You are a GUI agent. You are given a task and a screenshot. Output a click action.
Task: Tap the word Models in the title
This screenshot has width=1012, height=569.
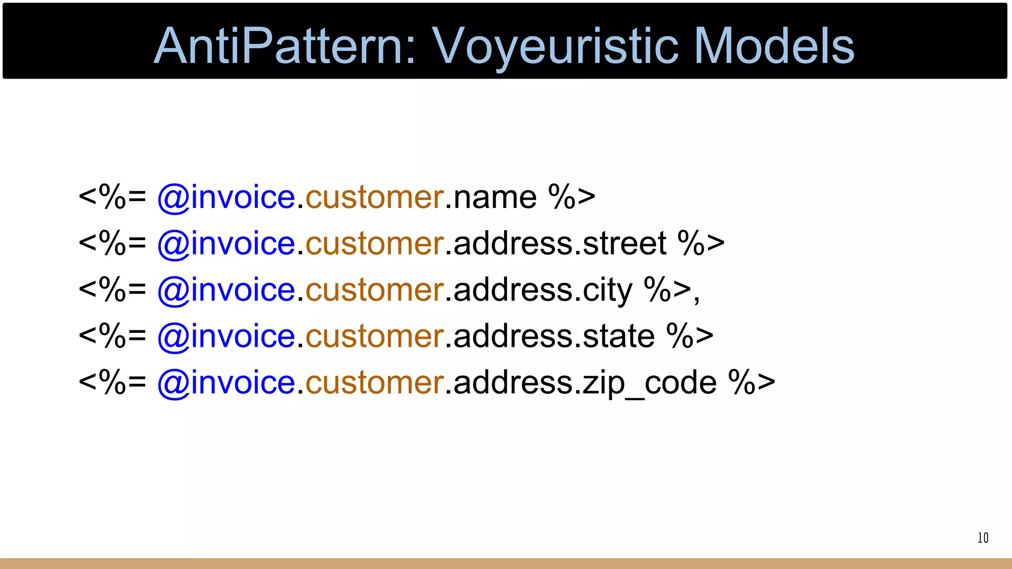(774, 46)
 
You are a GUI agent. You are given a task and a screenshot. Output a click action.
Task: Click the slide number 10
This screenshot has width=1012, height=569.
(983, 538)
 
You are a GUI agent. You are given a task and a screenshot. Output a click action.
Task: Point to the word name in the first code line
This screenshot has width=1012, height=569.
(495, 198)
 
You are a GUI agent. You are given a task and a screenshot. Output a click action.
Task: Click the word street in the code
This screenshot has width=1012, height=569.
(625, 244)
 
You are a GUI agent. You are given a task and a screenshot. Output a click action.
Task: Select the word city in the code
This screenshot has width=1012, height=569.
(607, 290)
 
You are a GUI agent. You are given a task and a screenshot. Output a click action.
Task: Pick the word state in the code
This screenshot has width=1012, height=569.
(619, 336)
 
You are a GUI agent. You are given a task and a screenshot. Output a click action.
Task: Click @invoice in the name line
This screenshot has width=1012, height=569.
(226, 198)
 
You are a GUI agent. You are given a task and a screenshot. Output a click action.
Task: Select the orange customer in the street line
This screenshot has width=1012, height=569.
(375, 244)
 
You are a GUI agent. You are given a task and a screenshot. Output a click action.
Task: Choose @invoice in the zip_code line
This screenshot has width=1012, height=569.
(226, 383)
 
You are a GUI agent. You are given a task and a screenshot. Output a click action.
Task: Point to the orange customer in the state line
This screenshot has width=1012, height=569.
(375, 336)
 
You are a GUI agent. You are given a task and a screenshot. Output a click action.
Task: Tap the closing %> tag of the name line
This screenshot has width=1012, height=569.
(572, 198)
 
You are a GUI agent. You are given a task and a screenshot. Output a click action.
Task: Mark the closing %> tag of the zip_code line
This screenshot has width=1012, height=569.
(752, 383)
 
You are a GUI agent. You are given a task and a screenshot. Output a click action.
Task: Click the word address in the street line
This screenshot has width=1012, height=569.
(512, 244)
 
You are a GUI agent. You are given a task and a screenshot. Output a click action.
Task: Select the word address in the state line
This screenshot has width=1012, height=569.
(512, 336)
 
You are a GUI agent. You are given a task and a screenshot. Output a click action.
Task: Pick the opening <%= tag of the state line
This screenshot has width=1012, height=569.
(112, 336)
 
